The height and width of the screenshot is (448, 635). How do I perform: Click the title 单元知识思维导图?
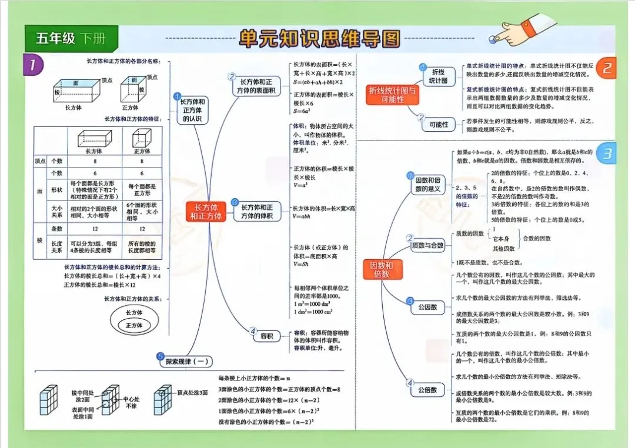coord(319,39)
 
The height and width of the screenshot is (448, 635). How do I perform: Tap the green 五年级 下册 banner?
coord(71,39)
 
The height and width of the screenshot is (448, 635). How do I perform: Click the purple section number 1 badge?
coord(34,65)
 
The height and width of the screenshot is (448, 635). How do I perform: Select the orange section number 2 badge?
coord(607,68)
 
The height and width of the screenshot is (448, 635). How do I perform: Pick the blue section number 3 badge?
coord(607,154)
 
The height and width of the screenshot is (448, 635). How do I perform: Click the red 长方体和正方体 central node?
coord(206,212)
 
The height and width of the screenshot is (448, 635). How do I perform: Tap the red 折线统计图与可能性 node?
coord(394,95)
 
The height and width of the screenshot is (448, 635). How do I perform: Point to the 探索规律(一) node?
coord(185,362)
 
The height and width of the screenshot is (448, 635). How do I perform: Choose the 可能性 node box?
coord(439,125)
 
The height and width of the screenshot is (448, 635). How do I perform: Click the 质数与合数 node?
coord(427,245)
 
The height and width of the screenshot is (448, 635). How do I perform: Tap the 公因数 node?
coord(427,307)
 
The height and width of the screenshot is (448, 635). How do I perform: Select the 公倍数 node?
coord(427,390)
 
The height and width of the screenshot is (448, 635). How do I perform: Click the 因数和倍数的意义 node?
coord(428,184)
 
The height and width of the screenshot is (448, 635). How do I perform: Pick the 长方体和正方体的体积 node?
coord(258,212)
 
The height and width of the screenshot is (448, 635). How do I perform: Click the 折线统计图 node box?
coord(438,76)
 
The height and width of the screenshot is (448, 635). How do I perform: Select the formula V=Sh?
coord(301,265)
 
